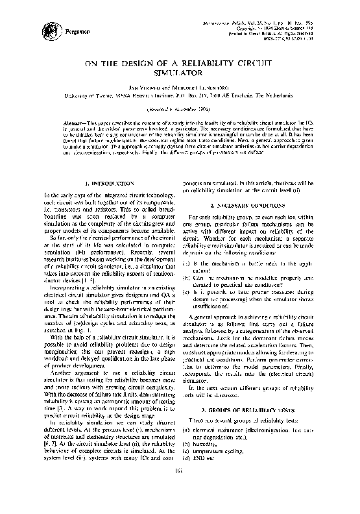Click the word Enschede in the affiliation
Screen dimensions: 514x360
[x=265, y=95]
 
